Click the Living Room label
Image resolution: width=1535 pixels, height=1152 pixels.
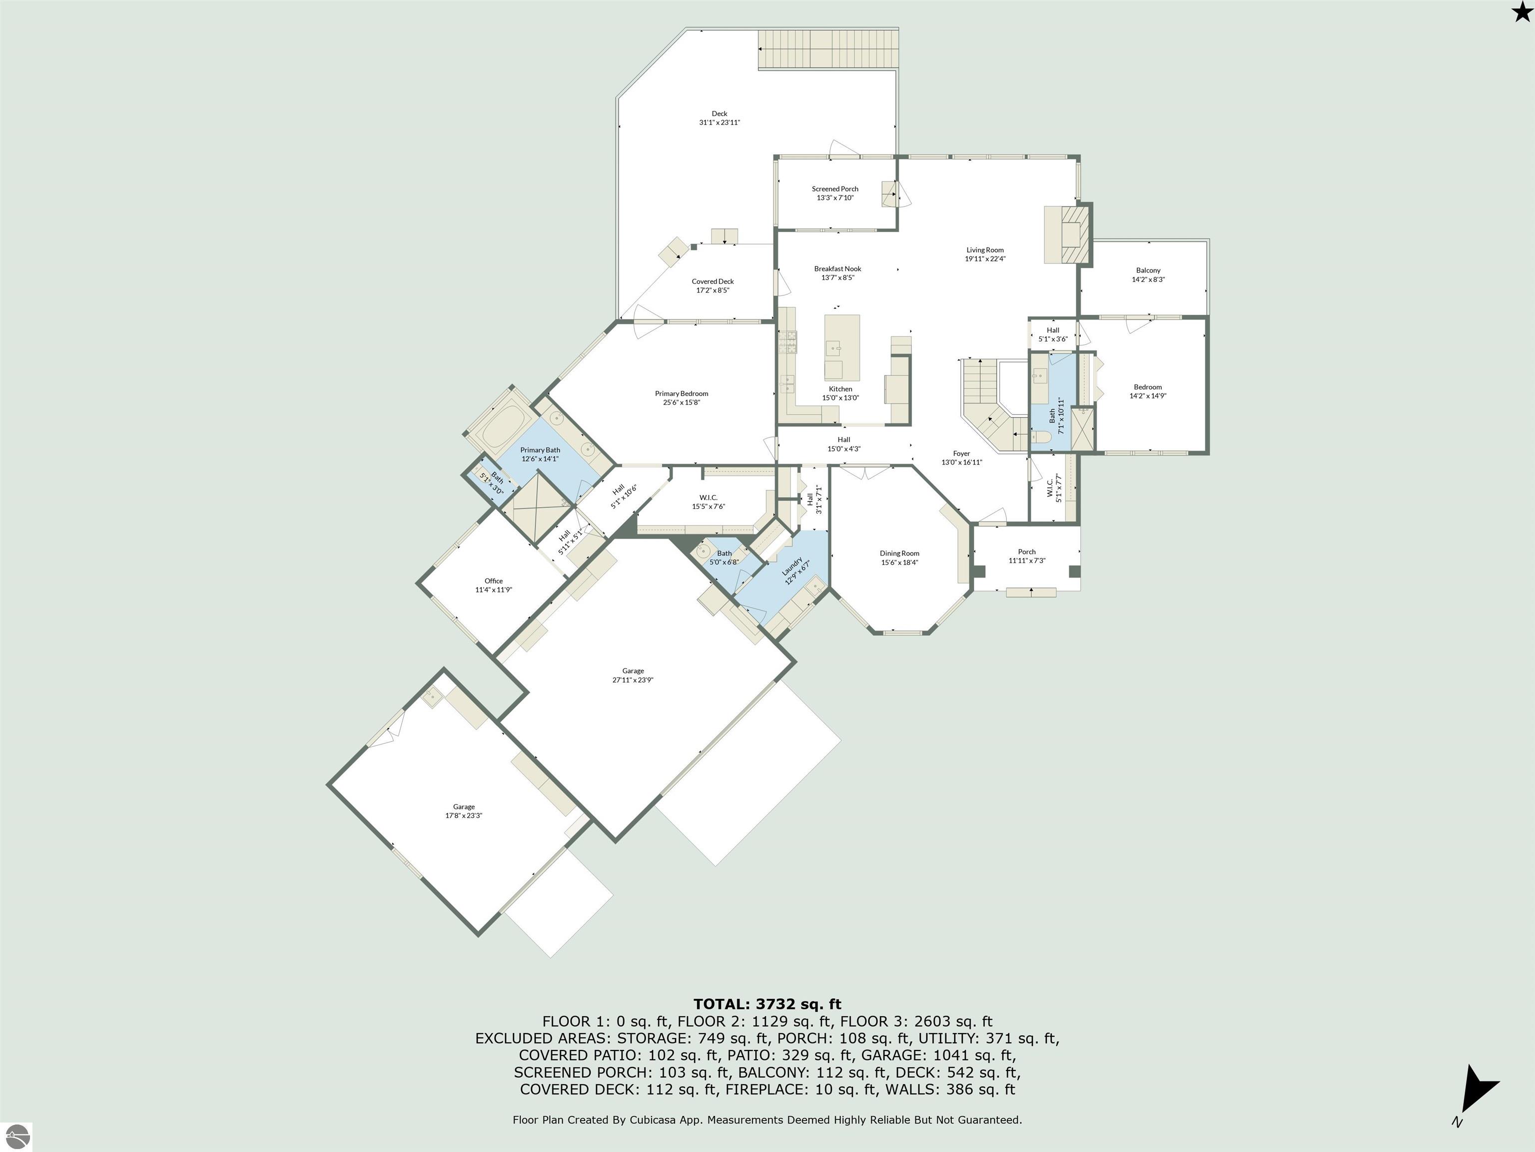(x=985, y=250)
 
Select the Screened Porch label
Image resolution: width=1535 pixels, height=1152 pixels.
(x=835, y=189)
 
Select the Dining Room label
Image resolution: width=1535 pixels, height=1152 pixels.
(x=899, y=553)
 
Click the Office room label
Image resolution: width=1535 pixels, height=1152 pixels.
(x=493, y=581)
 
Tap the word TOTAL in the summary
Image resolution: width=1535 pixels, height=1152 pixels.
(x=721, y=1004)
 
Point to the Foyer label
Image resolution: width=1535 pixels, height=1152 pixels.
(x=961, y=453)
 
